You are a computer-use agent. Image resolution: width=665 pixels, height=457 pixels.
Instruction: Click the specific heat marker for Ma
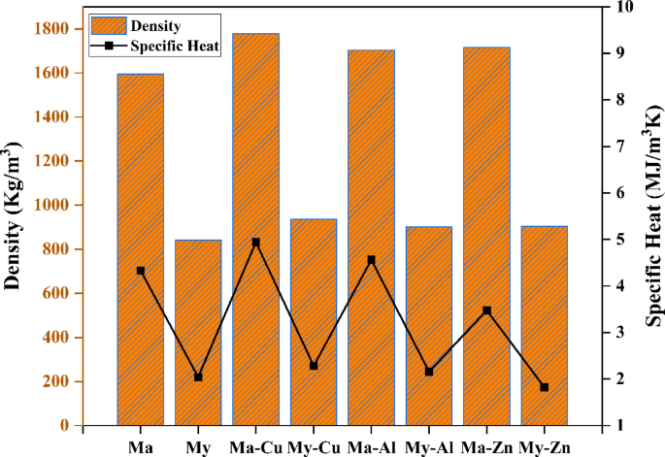coord(141,271)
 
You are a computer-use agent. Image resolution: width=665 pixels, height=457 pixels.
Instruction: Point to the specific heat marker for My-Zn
coord(544,387)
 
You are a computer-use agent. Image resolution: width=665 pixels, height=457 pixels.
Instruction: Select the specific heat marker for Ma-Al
coord(371,260)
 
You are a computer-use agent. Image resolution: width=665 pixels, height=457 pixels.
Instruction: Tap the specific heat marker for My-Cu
coord(314,366)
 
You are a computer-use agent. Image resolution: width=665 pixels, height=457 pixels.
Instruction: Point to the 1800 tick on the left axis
coord(53,28)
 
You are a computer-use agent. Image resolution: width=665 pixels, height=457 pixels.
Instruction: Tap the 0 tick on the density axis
coord(63,425)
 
